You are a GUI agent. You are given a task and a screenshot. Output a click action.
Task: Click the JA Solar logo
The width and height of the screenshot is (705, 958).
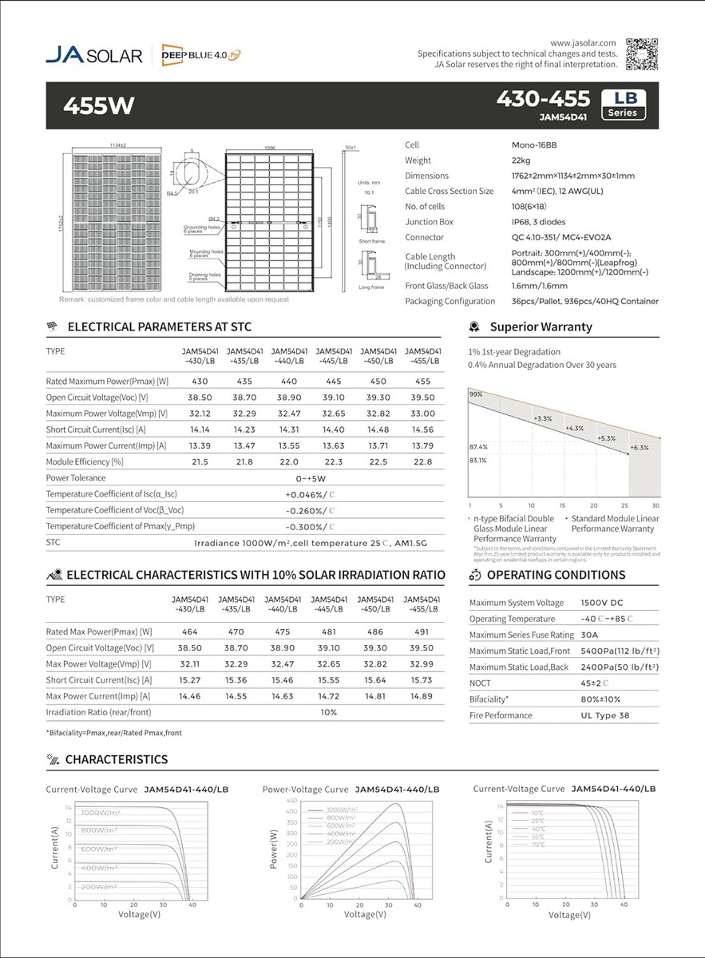tap(93, 55)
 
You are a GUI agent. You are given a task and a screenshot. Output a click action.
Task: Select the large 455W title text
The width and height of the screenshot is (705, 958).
tap(99, 105)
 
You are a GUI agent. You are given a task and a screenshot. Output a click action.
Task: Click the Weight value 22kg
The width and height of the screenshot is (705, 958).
tap(521, 160)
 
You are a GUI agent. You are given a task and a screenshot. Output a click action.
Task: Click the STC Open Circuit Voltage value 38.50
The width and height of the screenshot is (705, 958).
tap(199, 398)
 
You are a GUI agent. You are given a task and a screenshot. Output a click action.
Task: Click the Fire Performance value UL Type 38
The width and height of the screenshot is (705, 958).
tap(604, 715)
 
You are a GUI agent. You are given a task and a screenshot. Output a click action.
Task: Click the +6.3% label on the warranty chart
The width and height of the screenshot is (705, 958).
tap(639, 448)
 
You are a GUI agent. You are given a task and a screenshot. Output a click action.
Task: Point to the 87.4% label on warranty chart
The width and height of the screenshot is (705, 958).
tap(478, 447)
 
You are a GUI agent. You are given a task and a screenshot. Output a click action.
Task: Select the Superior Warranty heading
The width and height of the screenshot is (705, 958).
tap(541, 327)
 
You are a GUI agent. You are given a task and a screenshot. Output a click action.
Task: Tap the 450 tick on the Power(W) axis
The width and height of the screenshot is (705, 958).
tap(291, 801)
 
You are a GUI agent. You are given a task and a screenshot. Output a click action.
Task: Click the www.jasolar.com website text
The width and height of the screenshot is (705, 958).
tap(584, 42)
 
